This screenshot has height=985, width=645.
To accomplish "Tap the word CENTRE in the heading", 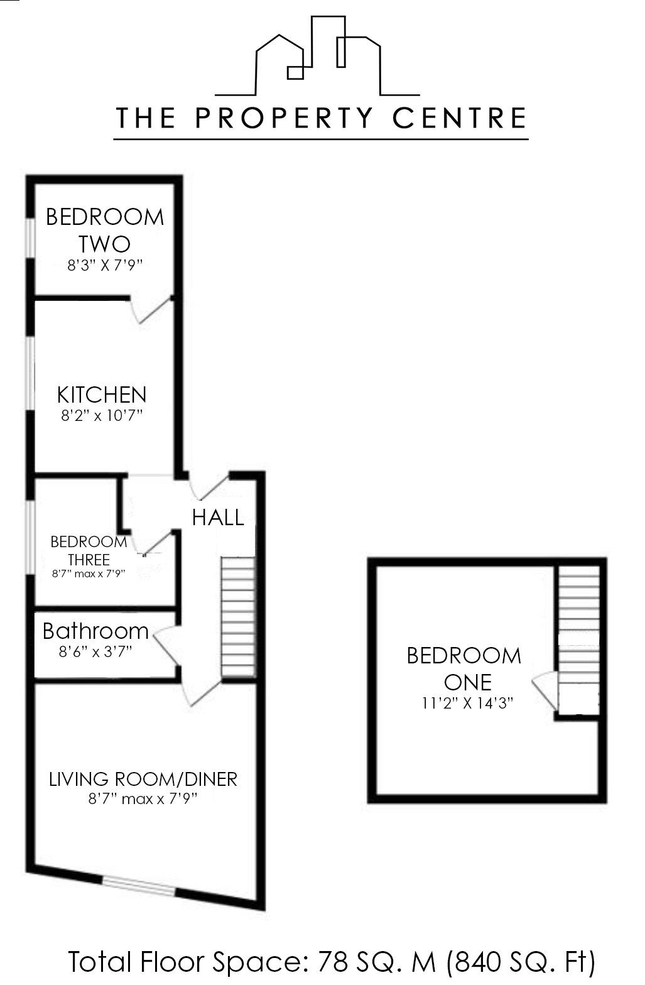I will click(x=459, y=118).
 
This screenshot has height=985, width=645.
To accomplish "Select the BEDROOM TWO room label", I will click(x=105, y=230).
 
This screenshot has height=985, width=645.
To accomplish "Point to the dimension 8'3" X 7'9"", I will click(x=105, y=265).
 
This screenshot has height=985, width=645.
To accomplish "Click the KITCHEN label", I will click(x=102, y=395).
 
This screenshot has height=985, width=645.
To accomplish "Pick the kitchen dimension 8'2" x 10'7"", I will click(x=102, y=415).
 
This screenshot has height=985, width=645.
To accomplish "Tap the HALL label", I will click(x=218, y=518).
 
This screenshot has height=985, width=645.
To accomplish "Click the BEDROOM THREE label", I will click(x=89, y=550).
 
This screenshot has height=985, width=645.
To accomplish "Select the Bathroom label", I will click(x=95, y=631).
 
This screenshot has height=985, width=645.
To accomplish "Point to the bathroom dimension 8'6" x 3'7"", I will click(x=95, y=651).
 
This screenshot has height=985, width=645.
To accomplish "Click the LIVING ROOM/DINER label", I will click(x=143, y=779).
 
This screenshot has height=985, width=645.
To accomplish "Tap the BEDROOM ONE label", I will click(x=464, y=668).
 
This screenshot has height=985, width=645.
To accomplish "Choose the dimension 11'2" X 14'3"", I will click(x=467, y=703).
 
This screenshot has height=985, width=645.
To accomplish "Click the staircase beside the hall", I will click(x=239, y=616).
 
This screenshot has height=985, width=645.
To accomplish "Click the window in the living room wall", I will click(x=139, y=886).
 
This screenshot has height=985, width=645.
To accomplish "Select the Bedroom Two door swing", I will click(x=151, y=309).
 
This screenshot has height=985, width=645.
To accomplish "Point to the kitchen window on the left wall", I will click(x=29, y=374).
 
